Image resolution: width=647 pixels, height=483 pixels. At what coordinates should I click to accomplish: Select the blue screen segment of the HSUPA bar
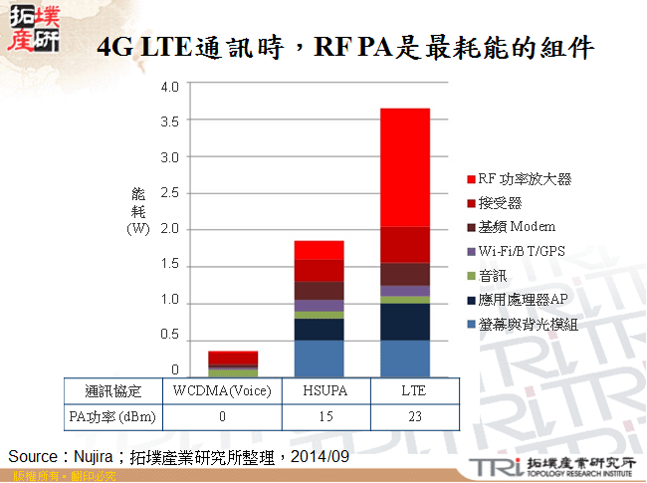pyautogui.click(x=319, y=358)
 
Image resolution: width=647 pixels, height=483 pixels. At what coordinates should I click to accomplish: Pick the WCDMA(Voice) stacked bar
pyautogui.click(x=233, y=362)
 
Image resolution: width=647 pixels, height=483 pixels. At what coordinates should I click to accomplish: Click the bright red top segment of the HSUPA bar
pyautogui.click(x=319, y=250)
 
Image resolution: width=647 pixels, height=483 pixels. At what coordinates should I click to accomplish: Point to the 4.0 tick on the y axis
pyautogui.click(x=169, y=86)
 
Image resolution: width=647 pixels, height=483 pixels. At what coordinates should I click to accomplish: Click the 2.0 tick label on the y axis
pyautogui.click(x=169, y=229)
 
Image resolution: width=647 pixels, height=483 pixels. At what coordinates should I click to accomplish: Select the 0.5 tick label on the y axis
pyautogui.click(x=169, y=337)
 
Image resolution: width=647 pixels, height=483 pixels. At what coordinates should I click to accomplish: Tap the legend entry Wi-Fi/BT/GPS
pyautogui.click(x=521, y=251)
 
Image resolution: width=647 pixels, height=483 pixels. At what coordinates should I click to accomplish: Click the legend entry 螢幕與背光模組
pyautogui.click(x=524, y=324)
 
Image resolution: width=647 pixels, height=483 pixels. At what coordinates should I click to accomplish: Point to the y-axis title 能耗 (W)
pyautogui.click(x=137, y=210)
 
